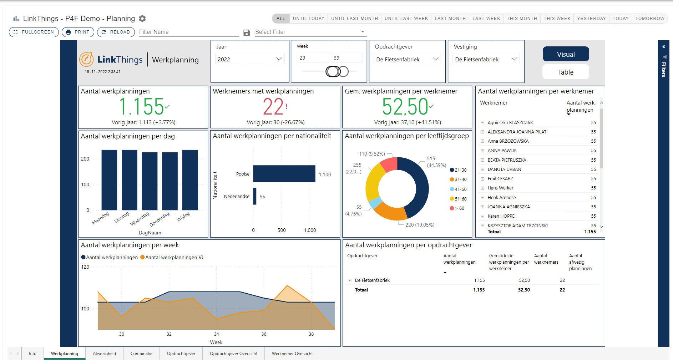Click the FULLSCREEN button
tap(34, 32)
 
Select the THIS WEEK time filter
tap(557, 19)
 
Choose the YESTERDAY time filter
tap(591, 19)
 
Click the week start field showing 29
tap(312, 58)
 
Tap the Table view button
tap(565, 72)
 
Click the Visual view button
tap(565, 55)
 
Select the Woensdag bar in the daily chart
tap(150, 181)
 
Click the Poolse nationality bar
tap(284, 174)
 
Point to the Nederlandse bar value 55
tap(262, 197)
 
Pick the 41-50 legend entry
tap(460, 189)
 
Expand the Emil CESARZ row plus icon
tap(482, 179)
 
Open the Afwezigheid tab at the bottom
tap(104, 354)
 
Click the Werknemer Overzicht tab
tap(292, 354)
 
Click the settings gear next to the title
tap(142, 19)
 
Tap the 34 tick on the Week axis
tap(216, 334)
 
